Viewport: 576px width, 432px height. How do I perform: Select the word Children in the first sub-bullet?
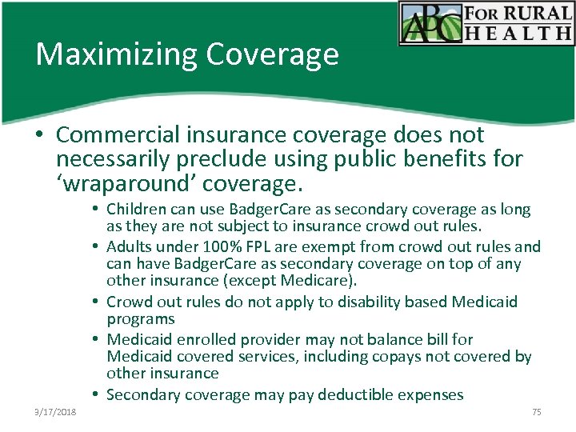138,210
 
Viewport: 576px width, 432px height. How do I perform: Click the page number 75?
536,412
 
